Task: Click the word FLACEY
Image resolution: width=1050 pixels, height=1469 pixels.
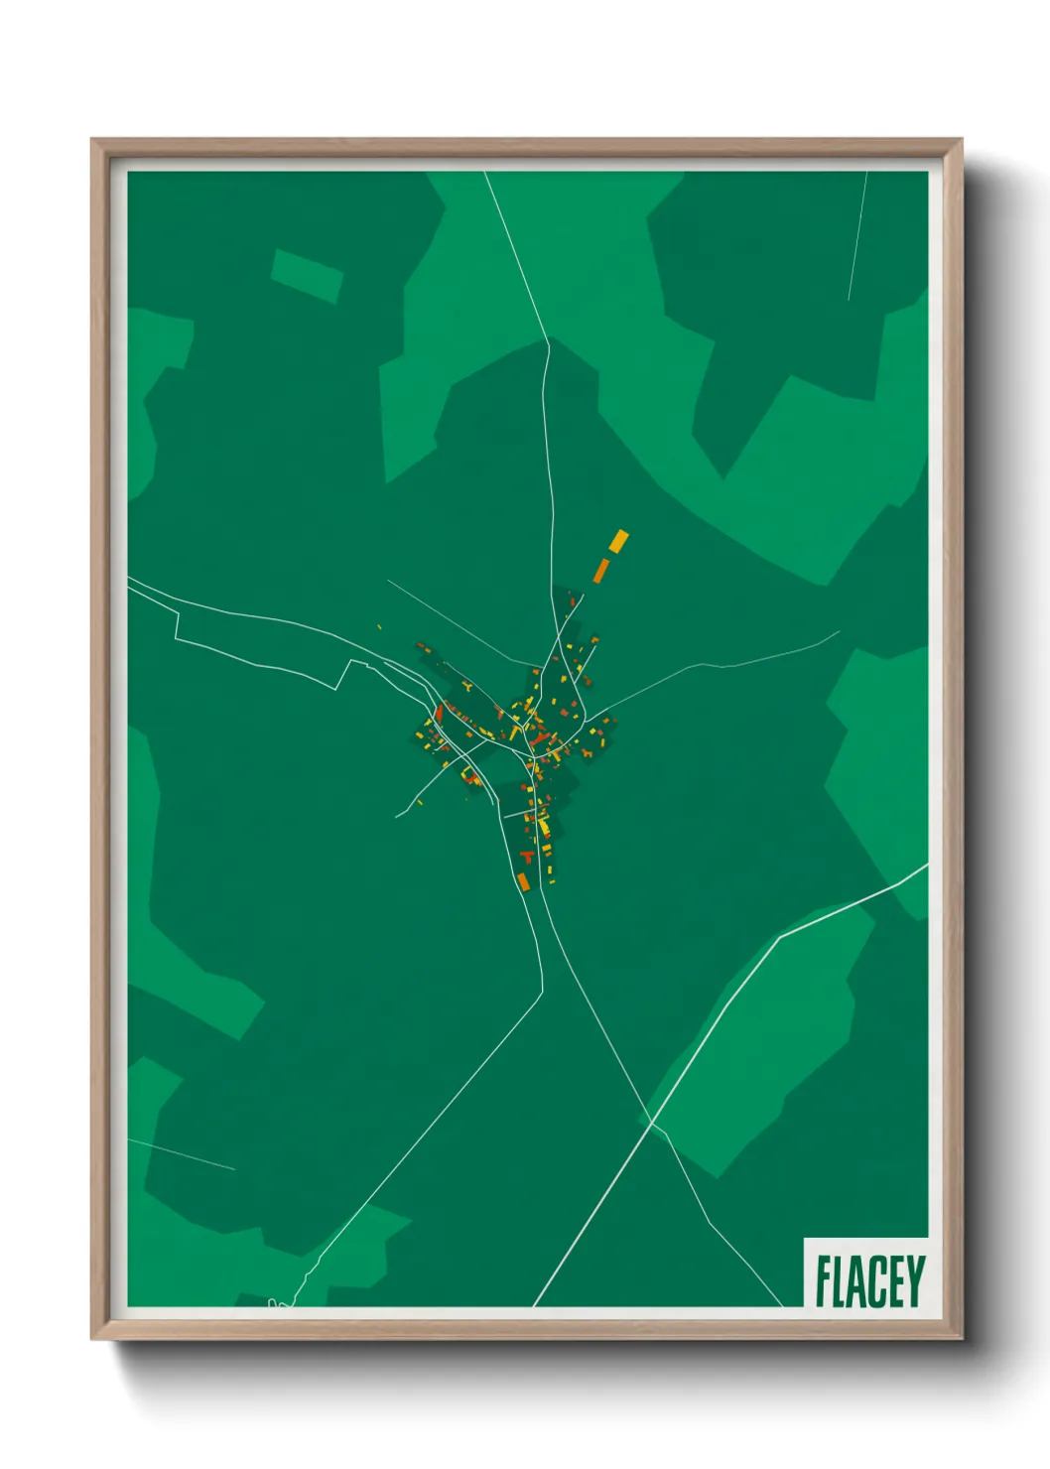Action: click(869, 1281)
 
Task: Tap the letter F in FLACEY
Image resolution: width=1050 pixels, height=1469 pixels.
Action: click(823, 1281)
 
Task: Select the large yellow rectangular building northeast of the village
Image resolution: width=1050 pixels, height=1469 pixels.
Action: click(618, 541)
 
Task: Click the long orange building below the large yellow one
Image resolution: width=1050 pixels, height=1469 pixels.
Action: click(601, 570)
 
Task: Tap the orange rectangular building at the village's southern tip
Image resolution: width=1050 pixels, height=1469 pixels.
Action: click(523, 881)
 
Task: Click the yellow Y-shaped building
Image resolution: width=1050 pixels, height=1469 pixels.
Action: click(468, 686)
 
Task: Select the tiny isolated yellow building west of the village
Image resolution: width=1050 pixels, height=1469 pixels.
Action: click(379, 626)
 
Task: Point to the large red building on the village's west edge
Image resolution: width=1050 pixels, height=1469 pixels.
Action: click(439, 712)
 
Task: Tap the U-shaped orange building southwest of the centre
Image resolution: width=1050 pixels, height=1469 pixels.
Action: click(470, 774)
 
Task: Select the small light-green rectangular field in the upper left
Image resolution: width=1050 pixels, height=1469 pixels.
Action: click(307, 275)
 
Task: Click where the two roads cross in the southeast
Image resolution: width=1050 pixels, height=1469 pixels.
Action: click(652, 1122)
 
